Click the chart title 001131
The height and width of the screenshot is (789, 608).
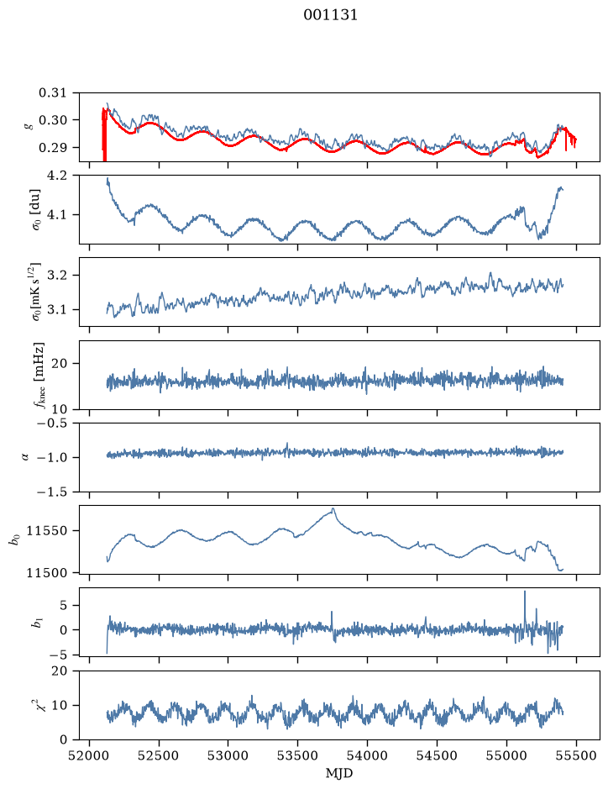pyautogui.click(x=330, y=15)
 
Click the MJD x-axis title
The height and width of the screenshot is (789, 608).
pyautogui.click(x=339, y=773)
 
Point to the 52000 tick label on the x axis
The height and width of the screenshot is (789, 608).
pyautogui.click(x=90, y=755)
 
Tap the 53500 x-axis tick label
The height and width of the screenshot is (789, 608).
pyautogui.click(x=298, y=755)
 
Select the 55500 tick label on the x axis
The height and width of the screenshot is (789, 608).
pyautogui.click(x=576, y=755)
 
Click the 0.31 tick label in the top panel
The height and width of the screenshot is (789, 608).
pyautogui.click(x=52, y=93)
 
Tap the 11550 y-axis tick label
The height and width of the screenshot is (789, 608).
pyautogui.click(x=48, y=531)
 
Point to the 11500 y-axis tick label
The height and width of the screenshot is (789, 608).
pyautogui.click(x=48, y=572)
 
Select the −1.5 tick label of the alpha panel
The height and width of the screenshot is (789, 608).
pyautogui.click(x=52, y=492)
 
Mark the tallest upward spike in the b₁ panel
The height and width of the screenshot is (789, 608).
pyautogui.click(x=525, y=592)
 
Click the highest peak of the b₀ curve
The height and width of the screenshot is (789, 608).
pyautogui.click(x=333, y=508)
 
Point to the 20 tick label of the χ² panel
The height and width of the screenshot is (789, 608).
pyautogui.click(x=60, y=671)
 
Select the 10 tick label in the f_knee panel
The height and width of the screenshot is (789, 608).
pyautogui.click(x=60, y=409)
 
